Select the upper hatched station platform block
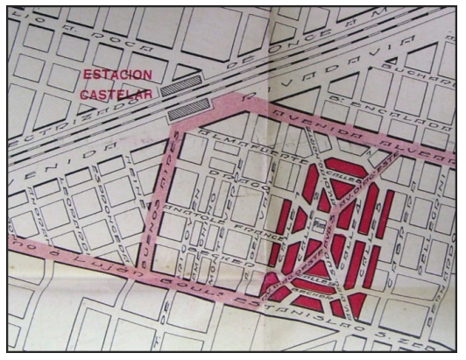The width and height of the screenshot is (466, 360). point(187,89)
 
